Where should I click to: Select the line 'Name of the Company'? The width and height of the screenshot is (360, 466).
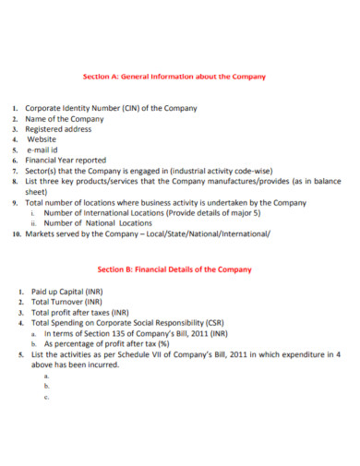(64, 119)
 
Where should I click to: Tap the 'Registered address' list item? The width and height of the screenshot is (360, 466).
(62, 129)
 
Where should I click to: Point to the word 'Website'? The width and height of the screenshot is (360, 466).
(44, 139)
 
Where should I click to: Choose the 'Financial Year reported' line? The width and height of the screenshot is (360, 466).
(69, 160)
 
